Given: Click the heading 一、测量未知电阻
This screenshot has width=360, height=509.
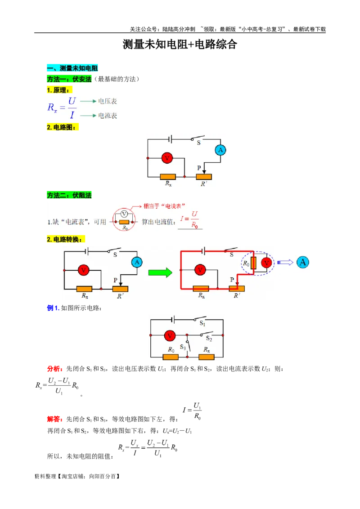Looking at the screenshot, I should point(72,68).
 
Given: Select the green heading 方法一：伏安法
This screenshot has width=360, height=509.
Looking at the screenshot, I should point(69,79).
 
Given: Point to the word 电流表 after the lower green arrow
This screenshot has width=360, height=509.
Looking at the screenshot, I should point(108,116).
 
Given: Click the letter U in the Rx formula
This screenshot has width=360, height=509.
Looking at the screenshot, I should point(72,101).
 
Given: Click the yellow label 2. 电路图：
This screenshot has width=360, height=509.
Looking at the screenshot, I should point(62,128).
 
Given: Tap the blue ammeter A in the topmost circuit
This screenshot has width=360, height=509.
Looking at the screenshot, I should point(220,150).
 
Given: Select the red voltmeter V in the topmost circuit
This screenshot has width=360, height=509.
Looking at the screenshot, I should point(167,158).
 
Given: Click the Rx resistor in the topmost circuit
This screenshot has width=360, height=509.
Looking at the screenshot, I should point(168,177).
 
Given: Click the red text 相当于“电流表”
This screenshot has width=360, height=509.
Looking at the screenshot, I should point(164,206).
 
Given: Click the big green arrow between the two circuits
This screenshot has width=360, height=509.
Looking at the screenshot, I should point(160,272).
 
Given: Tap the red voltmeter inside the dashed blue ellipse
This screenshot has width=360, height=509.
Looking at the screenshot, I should point(266,263).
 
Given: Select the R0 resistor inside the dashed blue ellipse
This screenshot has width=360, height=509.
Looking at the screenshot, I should point(253,263).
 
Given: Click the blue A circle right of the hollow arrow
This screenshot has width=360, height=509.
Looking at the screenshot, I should point(303,263).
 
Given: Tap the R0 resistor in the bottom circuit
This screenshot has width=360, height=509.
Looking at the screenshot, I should point(171,357).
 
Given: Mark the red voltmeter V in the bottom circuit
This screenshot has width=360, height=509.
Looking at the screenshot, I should point(169,335).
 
